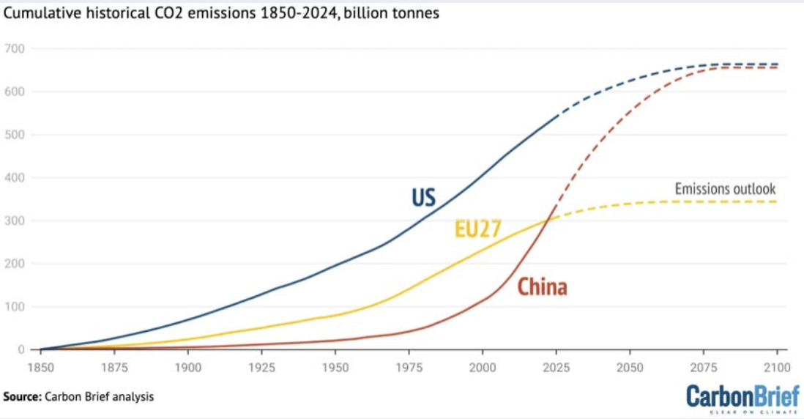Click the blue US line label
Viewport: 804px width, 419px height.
pos(423,197)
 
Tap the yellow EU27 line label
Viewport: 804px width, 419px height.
pos(477,229)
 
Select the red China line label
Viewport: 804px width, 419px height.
pos(542,286)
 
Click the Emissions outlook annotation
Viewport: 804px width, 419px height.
pos(725,189)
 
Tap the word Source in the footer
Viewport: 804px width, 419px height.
pos(22,396)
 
